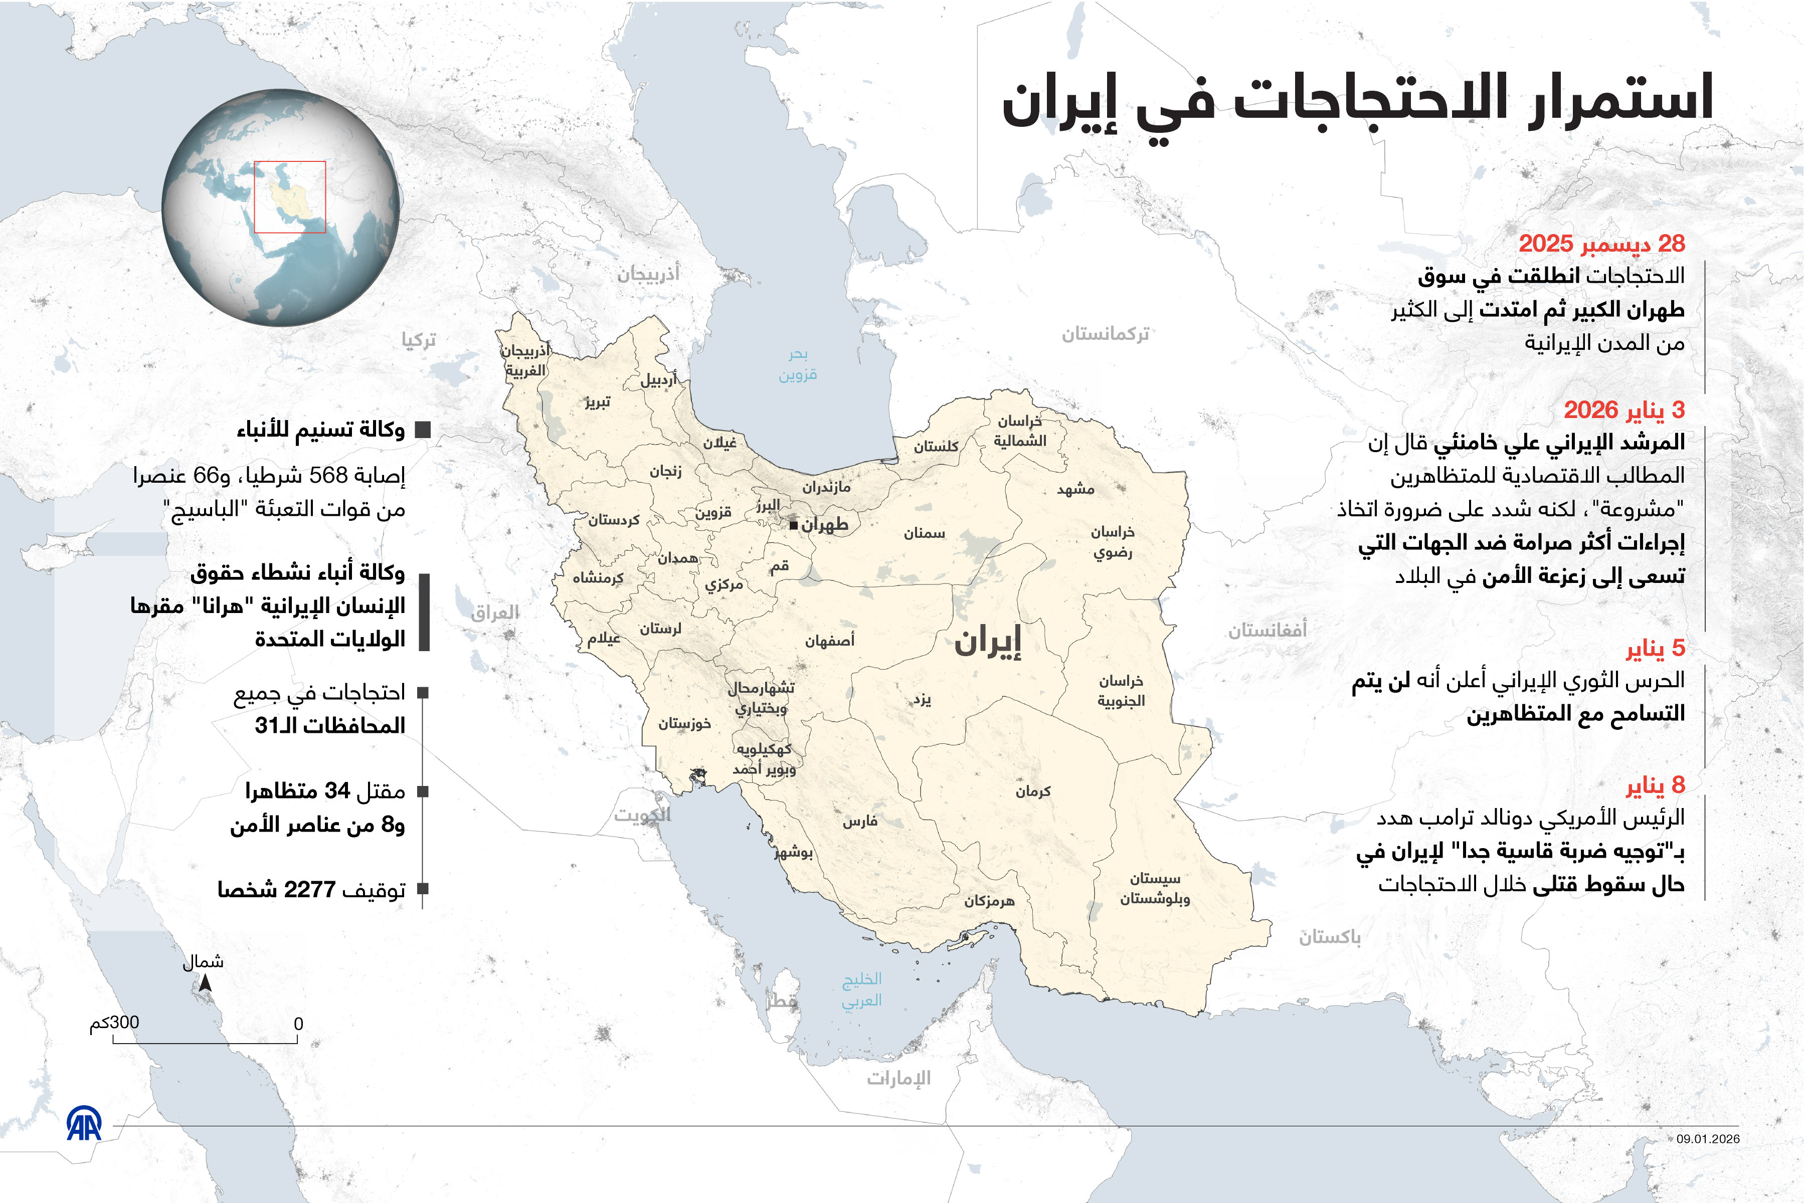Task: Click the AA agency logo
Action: tap(84, 1124)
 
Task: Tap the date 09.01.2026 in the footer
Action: tap(1708, 1138)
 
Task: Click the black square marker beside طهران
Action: tap(794, 525)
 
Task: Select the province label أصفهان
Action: tap(830, 641)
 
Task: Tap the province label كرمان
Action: tap(1033, 791)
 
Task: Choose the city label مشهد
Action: tap(1076, 489)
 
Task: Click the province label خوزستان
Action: tap(684, 723)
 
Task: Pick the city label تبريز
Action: tap(598, 402)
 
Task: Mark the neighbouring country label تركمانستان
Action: tap(1105, 334)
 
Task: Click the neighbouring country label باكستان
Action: tap(1329, 937)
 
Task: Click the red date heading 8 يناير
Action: tap(1656, 785)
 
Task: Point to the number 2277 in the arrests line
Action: tap(309, 889)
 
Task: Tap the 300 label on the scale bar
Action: tap(124, 1023)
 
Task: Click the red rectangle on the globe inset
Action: tap(290, 196)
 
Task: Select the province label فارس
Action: tap(859, 821)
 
